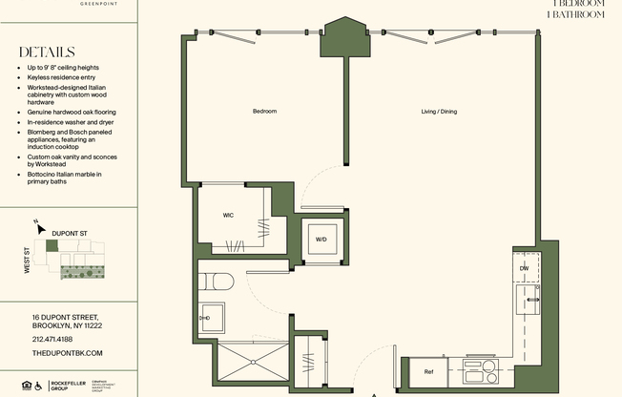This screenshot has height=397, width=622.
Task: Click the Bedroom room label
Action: pos(264,112)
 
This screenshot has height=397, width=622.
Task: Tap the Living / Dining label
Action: pos(439,112)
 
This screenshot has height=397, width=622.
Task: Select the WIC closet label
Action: pos(229,216)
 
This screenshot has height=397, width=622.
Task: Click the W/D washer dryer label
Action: pos(321,239)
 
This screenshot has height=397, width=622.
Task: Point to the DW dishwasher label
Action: pos(524,268)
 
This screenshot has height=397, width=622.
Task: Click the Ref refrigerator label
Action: pos(428,371)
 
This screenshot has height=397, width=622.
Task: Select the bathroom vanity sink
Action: pos(212,318)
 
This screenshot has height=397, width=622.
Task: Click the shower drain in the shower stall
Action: pos(252,364)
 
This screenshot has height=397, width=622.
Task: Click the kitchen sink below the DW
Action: pos(527,303)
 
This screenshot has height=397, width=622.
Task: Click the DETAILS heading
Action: pos(46,52)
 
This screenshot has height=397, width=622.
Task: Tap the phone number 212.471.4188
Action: pos(52,339)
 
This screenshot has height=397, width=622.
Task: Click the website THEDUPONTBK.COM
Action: pos(67,353)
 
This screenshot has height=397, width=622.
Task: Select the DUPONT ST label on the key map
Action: pos(70,231)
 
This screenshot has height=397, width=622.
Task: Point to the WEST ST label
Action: pos(28,261)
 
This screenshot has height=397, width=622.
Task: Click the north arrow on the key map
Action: pos(37,225)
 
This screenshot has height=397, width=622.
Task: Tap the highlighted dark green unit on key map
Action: pos(52,246)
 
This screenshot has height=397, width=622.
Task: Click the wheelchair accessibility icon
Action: pos(38,387)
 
